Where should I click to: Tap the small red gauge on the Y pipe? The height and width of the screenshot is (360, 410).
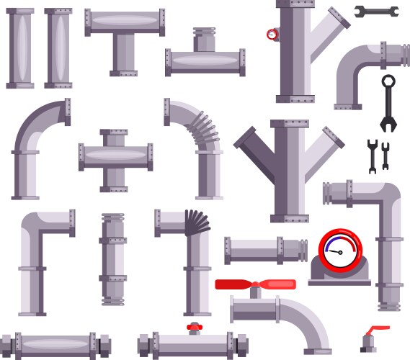(272, 34)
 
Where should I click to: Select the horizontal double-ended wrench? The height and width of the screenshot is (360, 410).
(375, 11)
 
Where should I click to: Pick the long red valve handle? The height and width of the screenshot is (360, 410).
(246, 284)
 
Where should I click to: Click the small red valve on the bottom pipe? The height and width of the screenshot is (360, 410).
(193, 328)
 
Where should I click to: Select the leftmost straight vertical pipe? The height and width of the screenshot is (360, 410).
(20, 48)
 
